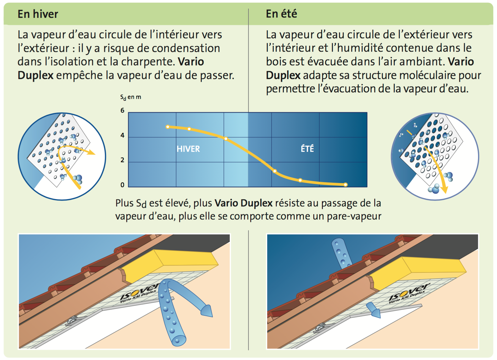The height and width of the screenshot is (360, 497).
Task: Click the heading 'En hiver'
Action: point(38,14)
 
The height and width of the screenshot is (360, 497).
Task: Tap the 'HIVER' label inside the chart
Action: point(188,149)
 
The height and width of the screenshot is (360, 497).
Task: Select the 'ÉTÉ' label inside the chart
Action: point(307,148)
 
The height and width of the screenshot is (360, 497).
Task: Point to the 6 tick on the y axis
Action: point(122,110)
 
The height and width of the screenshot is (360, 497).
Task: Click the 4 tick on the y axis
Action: point(122,135)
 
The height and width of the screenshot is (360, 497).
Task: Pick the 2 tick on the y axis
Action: point(122,160)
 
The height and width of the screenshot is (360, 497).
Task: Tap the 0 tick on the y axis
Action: point(122,185)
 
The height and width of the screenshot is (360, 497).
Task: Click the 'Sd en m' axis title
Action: point(131,97)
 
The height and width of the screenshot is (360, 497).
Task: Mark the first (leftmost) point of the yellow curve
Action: point(168,127)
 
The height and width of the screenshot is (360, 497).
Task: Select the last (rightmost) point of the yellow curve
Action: point(345,184)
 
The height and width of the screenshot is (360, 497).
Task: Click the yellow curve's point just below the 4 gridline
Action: point(226,139)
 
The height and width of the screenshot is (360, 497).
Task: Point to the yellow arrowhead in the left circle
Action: point(91,152)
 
